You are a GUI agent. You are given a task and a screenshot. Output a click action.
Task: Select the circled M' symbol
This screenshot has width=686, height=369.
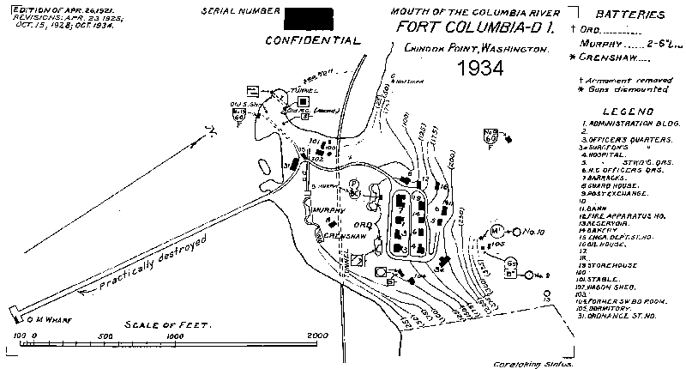coord(497,231)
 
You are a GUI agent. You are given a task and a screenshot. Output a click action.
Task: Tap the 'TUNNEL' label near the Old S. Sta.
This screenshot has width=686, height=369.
coord(306,88)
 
